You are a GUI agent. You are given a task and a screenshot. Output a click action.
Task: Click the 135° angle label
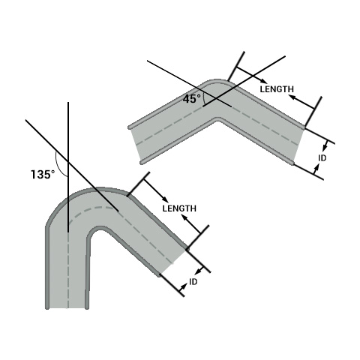point(43,174)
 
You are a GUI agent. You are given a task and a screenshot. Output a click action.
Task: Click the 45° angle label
point(191,98)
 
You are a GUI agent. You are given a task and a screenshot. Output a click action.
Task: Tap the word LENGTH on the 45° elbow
point(275,88)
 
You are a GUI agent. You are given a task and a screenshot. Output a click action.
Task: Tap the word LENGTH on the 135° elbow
point(179,208)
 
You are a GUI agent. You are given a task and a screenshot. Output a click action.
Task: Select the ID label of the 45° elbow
point(322,158)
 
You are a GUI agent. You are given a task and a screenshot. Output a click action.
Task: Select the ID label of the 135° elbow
point(193,282)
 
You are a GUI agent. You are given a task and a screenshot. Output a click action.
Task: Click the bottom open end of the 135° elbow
point(67,306)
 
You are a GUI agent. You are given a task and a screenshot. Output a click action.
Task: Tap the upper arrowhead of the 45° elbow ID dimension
point(325,145)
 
